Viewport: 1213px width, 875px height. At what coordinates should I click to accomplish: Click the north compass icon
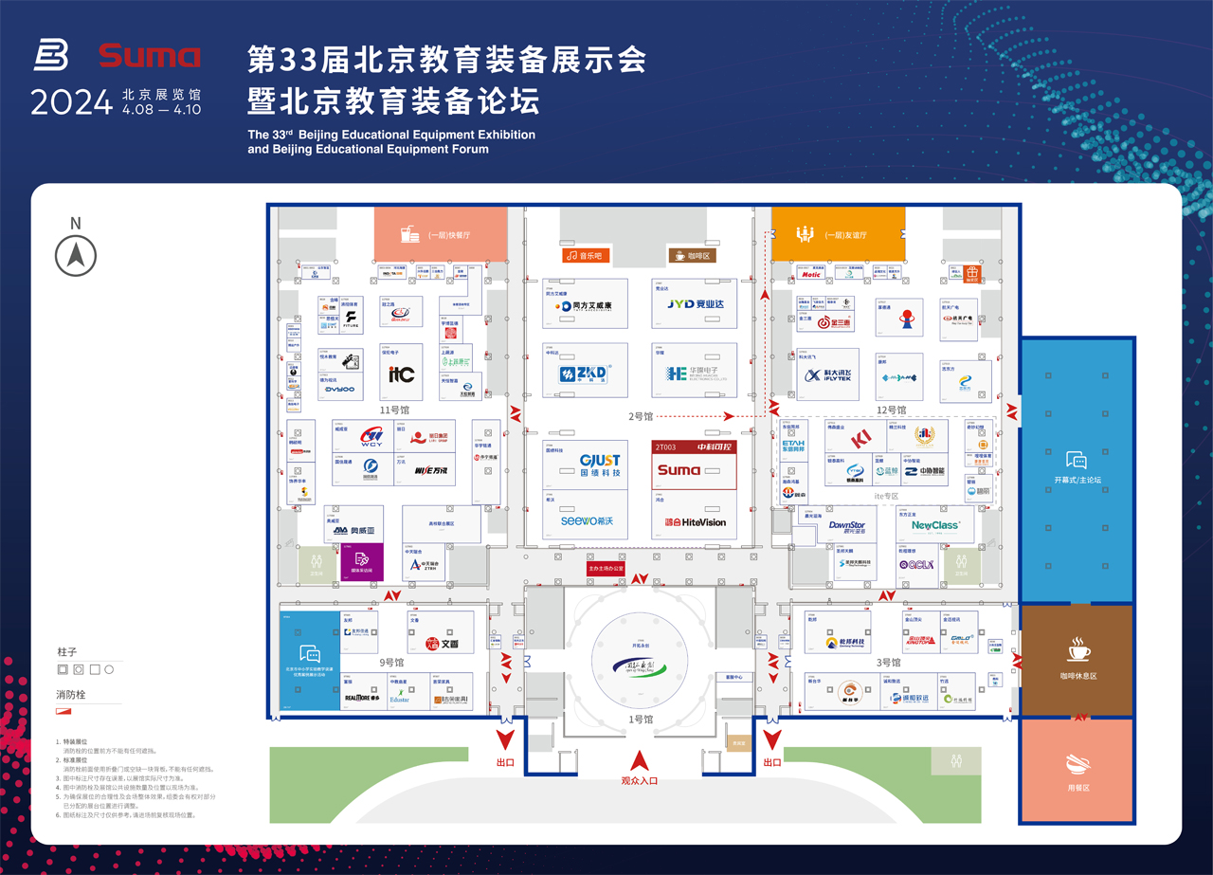click(76, 254)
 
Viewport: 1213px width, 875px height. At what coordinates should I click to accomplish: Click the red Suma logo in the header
click(149, 56)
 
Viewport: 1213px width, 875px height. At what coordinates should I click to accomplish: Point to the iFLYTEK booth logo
click(828, 376)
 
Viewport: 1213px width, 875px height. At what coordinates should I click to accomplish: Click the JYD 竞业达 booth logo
click(694, 304)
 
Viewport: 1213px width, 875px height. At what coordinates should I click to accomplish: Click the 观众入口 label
click(639, 780)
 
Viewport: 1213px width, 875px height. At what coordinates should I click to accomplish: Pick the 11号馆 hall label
click(394, 410)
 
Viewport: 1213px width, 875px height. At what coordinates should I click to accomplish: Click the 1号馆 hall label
click(641, 720)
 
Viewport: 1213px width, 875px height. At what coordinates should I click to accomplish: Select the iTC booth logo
click(401, 374)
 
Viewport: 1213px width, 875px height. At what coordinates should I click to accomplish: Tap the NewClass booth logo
click(935, 525)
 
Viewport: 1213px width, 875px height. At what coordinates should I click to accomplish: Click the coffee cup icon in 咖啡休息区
click(1078, 650)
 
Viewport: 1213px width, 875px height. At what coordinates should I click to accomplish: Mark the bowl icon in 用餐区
click(1077, 764)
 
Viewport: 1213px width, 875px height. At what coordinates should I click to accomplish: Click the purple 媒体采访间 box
click(362, 562)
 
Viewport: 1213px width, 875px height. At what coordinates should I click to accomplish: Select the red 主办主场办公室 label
click(605, 569)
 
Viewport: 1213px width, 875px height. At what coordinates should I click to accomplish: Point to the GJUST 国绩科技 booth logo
click(600, 465)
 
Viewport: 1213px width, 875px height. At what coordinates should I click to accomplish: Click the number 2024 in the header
click(71, 102)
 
